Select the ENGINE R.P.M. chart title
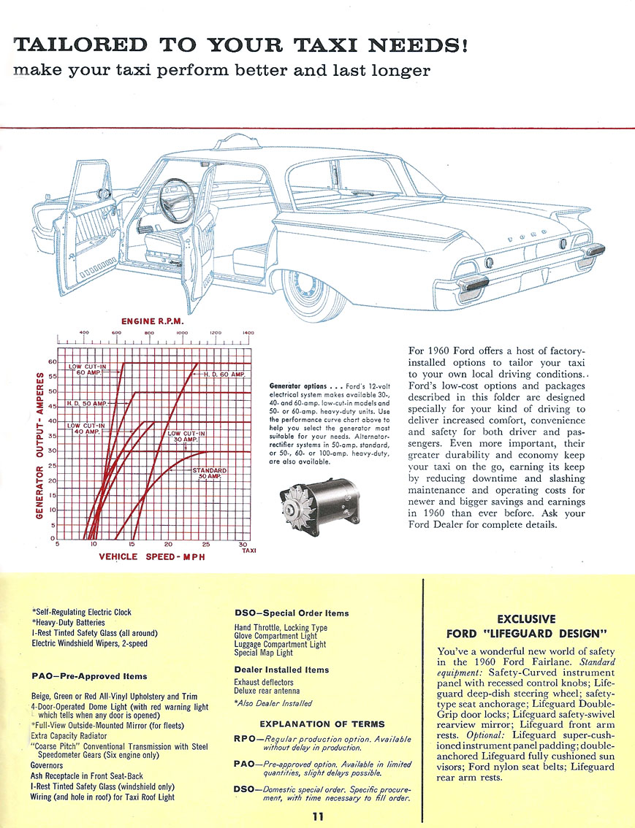click(152, 320)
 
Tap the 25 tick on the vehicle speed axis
click(205, 545)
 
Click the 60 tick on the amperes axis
click(52, 361)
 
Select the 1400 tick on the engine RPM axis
click(248, 333)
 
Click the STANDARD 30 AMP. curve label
click(210, 474)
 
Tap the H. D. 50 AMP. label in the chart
click(87, 403)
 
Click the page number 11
click(316, 816)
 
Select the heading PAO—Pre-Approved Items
click(89, 676)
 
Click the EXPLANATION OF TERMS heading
click(322, 724)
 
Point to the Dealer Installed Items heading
click(281, 670)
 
